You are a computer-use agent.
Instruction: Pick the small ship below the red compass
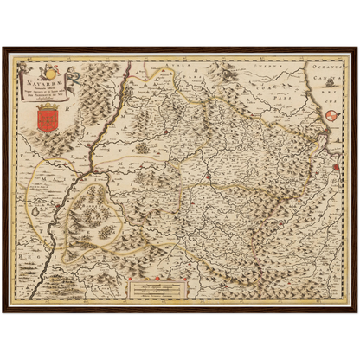click(x=336, y=138)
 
